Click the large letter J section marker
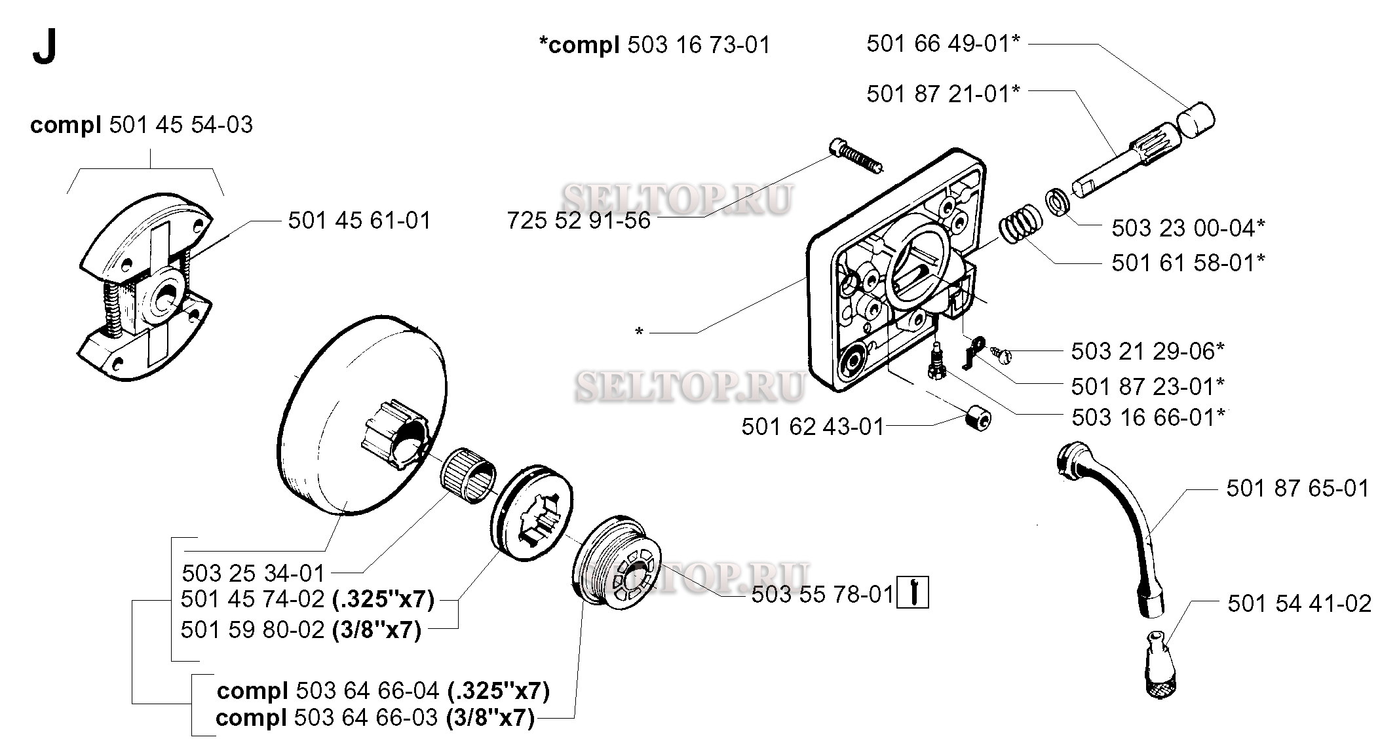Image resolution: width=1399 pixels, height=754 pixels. coord(44,48)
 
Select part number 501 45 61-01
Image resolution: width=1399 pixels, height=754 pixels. coord(360,221)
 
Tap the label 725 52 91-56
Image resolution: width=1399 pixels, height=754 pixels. coord(579,221)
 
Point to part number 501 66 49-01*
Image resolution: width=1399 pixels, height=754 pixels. coord(943,44)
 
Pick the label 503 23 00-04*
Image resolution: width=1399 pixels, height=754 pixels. coord(1188,228)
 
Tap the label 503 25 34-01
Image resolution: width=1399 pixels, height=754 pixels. coord(254,574)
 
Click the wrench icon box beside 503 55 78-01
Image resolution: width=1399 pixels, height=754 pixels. coord(912,593)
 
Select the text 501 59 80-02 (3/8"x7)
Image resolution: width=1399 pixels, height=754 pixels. coord(301,630)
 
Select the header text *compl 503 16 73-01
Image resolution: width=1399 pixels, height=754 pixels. coord(654,45)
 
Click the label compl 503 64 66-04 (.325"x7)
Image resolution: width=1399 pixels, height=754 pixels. coord(383,691)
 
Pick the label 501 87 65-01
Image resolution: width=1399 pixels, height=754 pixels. coord(1297,489)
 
